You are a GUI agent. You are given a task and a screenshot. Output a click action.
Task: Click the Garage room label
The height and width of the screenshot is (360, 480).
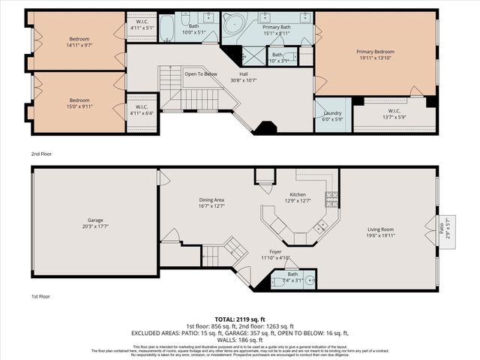coord(94,223)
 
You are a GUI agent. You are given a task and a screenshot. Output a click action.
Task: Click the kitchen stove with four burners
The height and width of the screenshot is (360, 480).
coord(330,199)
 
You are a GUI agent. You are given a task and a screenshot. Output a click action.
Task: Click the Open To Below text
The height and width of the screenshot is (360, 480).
coord(201,73)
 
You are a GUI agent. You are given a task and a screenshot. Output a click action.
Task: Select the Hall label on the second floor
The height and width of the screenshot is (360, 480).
coord(244,73)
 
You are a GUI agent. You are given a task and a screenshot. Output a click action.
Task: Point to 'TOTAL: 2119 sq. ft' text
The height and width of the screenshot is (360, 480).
coord(240,318)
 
